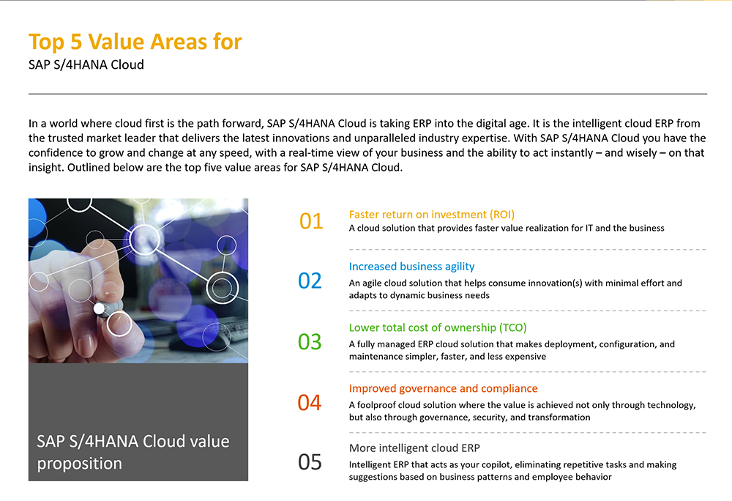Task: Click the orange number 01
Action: pyautogui.click(x=311, y=221)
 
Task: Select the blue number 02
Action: pyautogui.click(x=310, y=281)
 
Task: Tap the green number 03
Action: pyautogui.click(x=310, y=342)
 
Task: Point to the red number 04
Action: pyautogui.click(x=310, y=402)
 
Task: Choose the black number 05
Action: pyautogui.click(x=310, y=461)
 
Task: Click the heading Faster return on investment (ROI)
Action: pyautogui.click(x=432, y=215)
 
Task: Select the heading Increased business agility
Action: pyautogui.click(x=411, y=267)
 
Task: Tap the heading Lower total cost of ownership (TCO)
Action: pyautogui.click(x=438, y=327)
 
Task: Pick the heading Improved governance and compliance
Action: pyautogui.click(x=444, y=388)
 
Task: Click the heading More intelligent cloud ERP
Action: pyautogui.click(x=414, y=448)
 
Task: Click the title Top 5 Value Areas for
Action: pyautogui.click(x=135, y=42)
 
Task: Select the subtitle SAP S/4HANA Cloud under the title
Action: pyautogui.click(x=86, y=64)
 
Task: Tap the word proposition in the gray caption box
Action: pyautogui.click(x=79, y=464)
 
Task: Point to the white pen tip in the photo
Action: pyautogui.click(x=99, y=308)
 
